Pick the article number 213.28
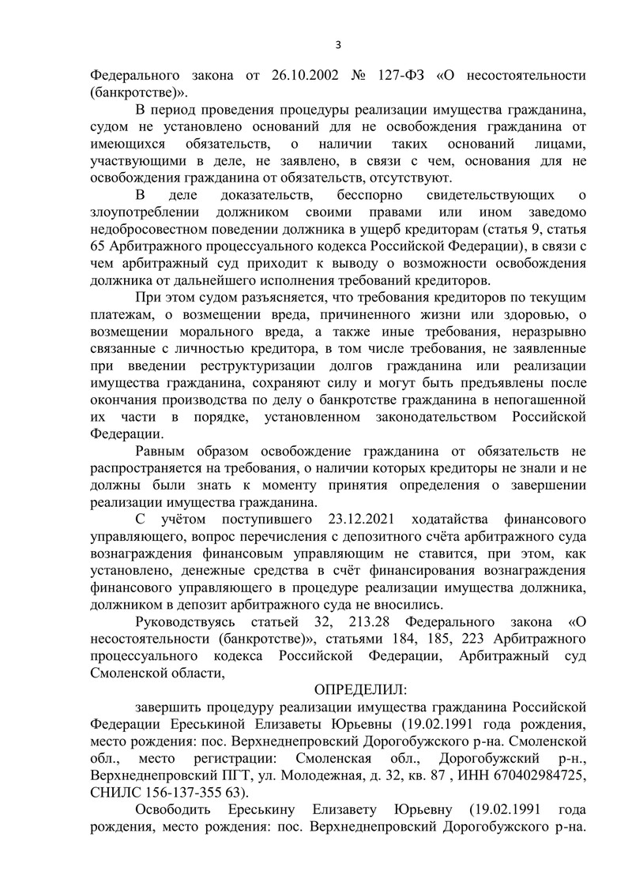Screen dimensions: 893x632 click(x=383, y=621)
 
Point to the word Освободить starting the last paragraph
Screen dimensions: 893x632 click(x=176, y=811)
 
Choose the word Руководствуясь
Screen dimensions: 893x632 click(x=192, y=621)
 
